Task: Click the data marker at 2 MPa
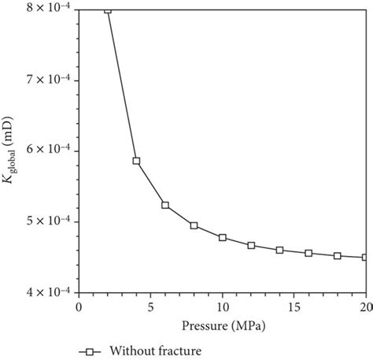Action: (108, 9)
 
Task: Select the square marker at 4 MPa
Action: (136, 161)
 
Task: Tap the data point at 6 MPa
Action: (165, 205)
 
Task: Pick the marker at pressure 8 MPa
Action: (194, 225)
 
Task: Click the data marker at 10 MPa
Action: (223, 237)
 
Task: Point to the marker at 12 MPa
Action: (251, 245)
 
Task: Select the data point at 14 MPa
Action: (279, 250)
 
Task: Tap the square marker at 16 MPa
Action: (308, 253)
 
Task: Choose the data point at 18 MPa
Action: (337, 255)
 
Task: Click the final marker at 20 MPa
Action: (365, 257)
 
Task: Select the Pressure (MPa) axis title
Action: (222, 322)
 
